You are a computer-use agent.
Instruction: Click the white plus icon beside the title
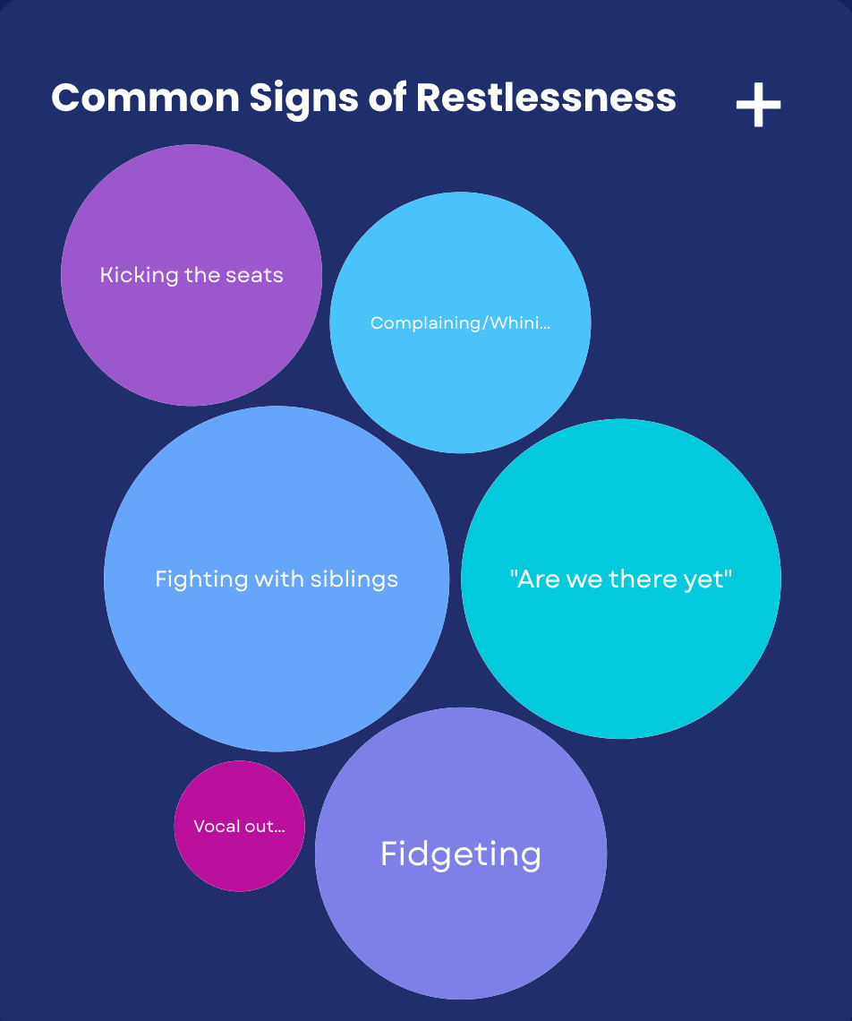(x=758, y=106)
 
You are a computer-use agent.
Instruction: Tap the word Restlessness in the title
(x=546, y=98)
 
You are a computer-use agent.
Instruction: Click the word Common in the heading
(x=145, y=98)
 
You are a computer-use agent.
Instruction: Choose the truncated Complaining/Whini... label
(x=460, y=323)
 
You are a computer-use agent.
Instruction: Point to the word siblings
(x=354, y=579)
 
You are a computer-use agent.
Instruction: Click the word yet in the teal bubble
(x=710, y=579)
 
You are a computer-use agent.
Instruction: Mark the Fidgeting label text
(x=460, y=854)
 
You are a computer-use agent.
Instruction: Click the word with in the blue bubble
(x=279, y=579)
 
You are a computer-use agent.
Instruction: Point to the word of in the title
(x=387, y=98)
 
